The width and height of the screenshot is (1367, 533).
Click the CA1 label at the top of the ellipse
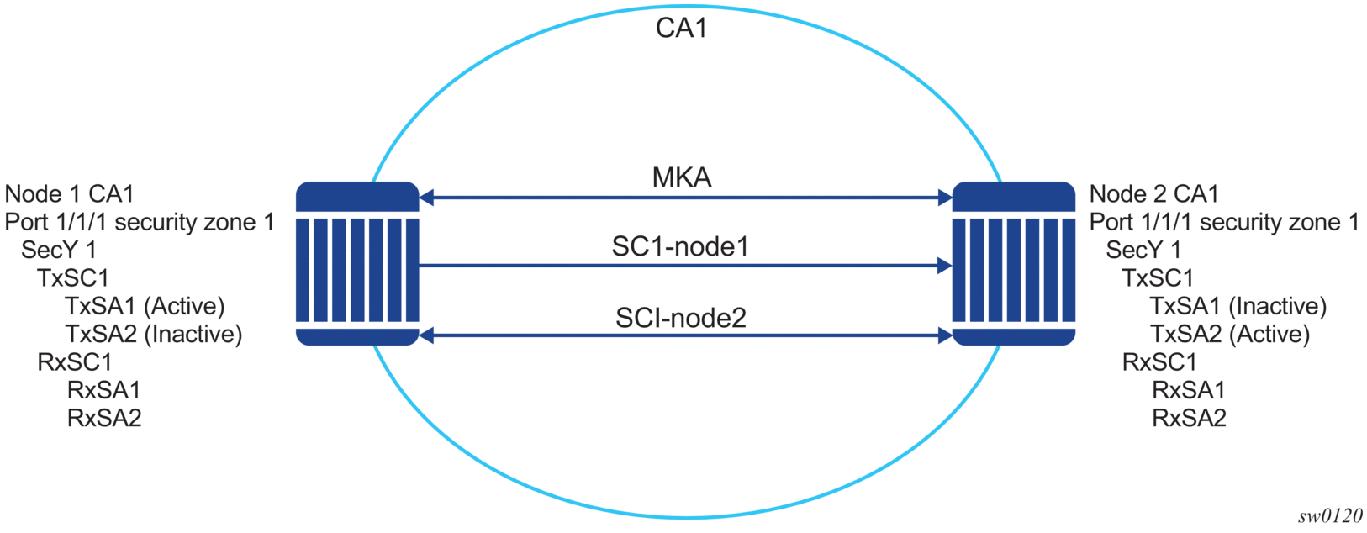(x=681, y=28)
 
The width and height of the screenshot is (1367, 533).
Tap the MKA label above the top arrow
(x=682, y=177)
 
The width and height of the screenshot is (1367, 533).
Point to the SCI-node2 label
(x=681, y=318)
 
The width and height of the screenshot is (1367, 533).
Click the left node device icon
(x=357, y=263)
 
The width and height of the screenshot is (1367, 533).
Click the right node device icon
(x=1013, y=263)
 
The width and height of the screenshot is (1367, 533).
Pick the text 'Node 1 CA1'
(x=70, y=194)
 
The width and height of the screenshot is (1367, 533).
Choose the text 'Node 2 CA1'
(x=1153, y=194)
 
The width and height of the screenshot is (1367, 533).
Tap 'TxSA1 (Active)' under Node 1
(x=145, y=306)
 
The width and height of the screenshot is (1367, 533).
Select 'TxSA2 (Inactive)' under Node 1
(x=154, y=334)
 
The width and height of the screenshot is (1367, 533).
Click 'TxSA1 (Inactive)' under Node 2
(x=1238, y=306)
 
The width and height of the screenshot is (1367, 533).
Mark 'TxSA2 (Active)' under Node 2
(x=1229, y=334)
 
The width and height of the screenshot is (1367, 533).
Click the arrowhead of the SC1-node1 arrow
(x=944, y=266)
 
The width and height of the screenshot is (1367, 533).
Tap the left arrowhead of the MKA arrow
(x=427, y=198)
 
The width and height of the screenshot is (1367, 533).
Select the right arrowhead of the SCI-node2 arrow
(x=944, y=335)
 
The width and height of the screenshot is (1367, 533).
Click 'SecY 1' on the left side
(x=59, y=250)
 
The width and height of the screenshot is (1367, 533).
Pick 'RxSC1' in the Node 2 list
(x=1159, y=362)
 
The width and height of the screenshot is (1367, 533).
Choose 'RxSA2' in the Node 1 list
(x=104, y=418)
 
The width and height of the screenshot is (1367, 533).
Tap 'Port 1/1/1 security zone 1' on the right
(x=1224, y=222)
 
